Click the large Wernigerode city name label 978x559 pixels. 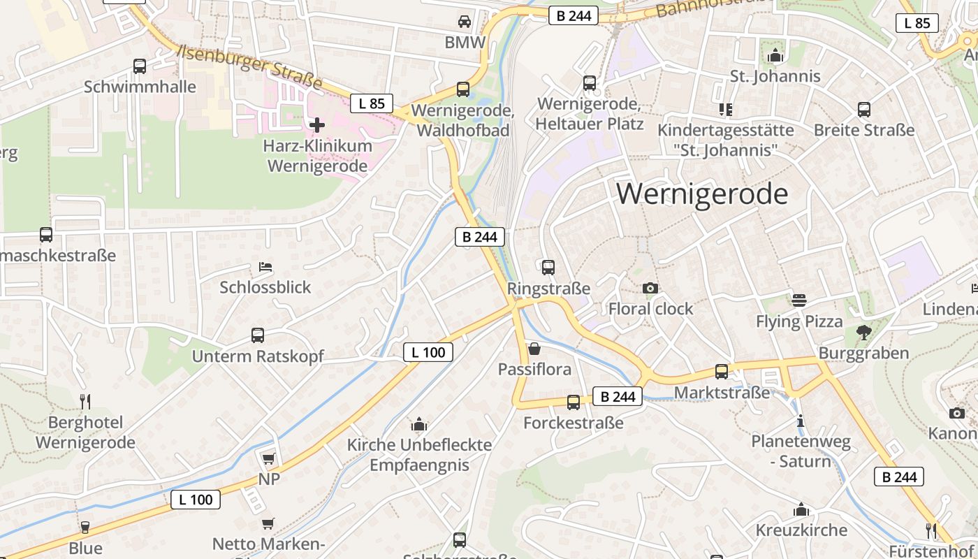(702, 194)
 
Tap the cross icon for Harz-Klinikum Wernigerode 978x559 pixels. (317, 125)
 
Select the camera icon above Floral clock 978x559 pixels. (650, 288)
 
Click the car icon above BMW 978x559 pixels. (464, 22)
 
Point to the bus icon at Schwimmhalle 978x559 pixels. (140, 66)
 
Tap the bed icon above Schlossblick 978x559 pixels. (265, 267)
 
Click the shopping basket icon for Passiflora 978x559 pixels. (534, 348)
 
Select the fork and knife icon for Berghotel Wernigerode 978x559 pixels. (85, 401)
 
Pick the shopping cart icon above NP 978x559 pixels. (268, 458)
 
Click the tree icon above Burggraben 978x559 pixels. (863, 332)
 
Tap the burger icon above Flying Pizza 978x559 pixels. (799, 300)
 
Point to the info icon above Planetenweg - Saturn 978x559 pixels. (801, 421)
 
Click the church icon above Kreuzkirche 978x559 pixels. (801, 509)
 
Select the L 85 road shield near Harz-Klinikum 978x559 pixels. (372, 103)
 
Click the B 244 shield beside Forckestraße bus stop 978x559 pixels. (618, 397)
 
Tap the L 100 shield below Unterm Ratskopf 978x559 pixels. (428, 352)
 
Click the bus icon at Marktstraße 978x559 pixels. (722, 372)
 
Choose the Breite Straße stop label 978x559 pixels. (863, 130)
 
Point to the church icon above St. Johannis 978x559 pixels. (775, 55)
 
